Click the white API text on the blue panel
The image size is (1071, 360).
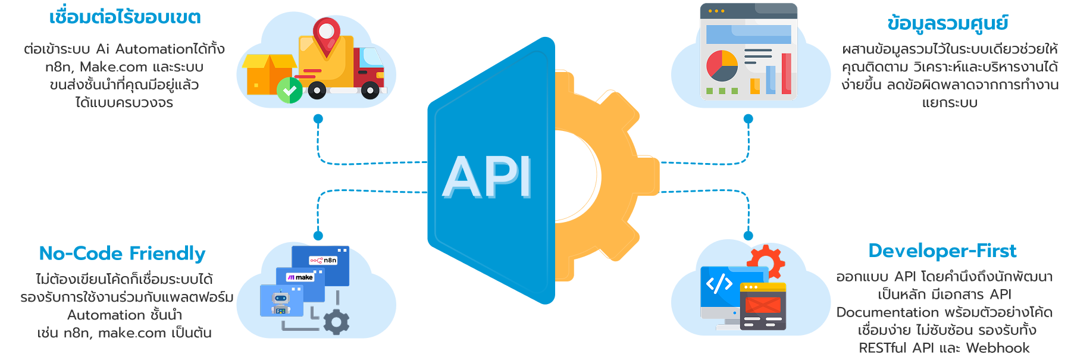[487, 177]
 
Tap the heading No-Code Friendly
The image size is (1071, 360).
[122, 253]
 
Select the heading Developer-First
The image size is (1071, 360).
[942, 251]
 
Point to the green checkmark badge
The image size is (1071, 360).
[290, 90]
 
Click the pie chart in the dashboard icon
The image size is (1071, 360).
[722, 65]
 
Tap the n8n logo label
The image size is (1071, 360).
[324, 260]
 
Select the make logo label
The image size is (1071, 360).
[300, 277]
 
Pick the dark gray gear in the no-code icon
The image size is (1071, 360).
[336, 322]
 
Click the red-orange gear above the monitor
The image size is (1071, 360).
[766, 261]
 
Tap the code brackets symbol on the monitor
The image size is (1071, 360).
[719, 284]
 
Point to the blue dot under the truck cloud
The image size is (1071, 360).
[318, 119]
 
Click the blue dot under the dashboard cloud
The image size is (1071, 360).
[749, 119]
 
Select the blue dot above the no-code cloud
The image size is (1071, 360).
[318, 236]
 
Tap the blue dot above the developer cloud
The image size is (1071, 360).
[749, 236]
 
